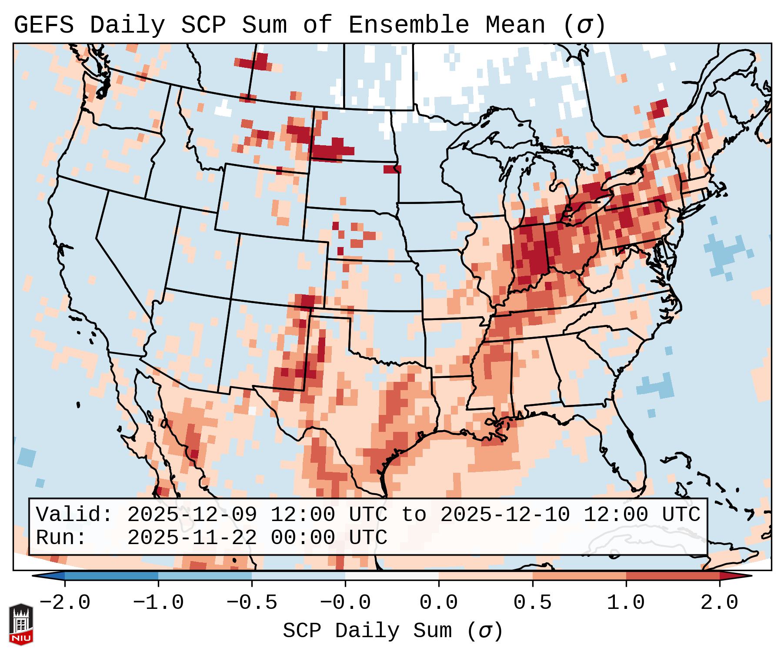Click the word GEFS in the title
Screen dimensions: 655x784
43,25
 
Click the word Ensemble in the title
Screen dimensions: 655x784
409,25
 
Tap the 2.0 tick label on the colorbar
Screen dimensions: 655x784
719,603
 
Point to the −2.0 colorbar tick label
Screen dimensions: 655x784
65,603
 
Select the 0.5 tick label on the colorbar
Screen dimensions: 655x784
532,603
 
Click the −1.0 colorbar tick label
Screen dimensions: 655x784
158,603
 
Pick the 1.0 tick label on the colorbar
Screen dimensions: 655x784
626,603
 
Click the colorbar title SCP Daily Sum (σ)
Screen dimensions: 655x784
393,631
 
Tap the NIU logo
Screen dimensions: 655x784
21,625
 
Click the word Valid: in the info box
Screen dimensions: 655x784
74,515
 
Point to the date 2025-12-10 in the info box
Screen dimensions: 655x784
504,515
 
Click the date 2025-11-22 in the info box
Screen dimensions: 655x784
192,538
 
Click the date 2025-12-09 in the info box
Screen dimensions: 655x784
192,515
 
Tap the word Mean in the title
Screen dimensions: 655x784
515,25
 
